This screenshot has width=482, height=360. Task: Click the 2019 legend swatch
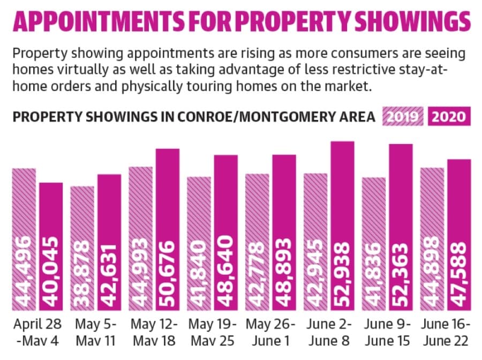(x=403, y=116)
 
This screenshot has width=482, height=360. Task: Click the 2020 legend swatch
(x=449, y=116)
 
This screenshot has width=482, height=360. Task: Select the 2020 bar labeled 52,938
(x=342, y=226)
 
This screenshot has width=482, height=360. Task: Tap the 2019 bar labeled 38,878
(x=82, y=249)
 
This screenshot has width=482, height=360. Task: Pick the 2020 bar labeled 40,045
(x=51, y=246)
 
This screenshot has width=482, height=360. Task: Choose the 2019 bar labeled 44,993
(x=140, y=238)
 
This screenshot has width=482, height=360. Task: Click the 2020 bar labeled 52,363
(x=401, y=227)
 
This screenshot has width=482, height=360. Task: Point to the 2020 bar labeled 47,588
(x=459, y=235)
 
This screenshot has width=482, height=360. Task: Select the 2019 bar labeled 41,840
(x=199, y=244)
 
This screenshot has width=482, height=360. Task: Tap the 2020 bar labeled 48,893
(x=284, y=232)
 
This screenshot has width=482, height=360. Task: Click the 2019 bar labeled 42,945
(x=315, y=242)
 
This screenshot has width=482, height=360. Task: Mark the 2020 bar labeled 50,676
(x=168, y=230)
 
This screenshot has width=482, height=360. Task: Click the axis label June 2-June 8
(x=329, y=332)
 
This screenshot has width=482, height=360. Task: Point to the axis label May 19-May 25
(x=213, y=332)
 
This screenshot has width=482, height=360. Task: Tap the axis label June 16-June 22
(x=446, y=332)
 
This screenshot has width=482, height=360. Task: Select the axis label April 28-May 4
(x=37, y=332)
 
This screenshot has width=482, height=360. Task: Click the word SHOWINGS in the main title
(x=412, y=21)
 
